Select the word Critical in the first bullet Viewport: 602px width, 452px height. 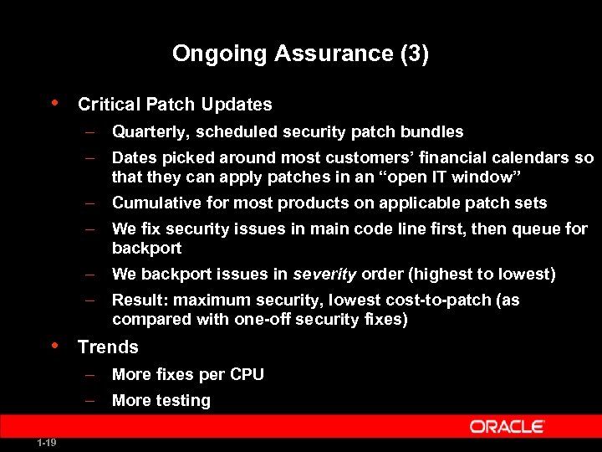click(109, 105)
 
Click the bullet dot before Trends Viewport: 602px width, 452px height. click(54, 345)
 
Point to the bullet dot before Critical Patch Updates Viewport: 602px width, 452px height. click(54, 103)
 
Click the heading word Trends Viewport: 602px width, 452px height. click(108, 347)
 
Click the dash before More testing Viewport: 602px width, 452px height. click(91, 400)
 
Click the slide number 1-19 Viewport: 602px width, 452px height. click(47, 443)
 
